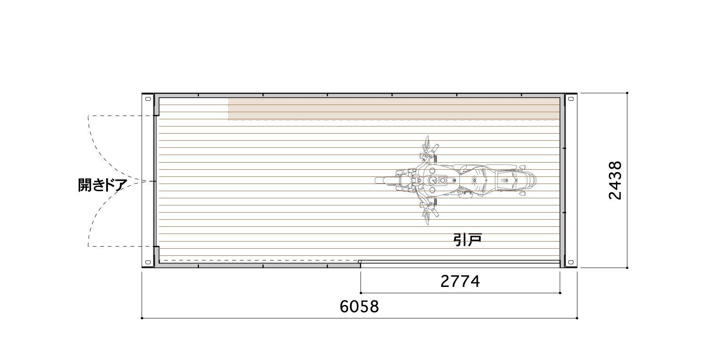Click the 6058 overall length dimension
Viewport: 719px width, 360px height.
click(x=359, y=307)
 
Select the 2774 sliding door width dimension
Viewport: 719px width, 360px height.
click(x=460, y=281)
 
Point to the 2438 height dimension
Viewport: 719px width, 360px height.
click(x=615, y=180)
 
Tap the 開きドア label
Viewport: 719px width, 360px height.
click(x=103, y=185)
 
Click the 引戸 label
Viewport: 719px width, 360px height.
click(x=467, y=240)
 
